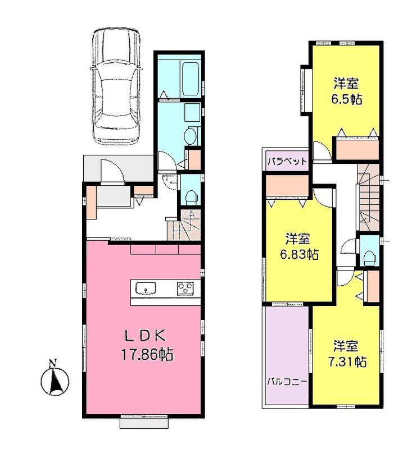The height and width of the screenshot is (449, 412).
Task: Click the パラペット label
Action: click(x=287, y=161)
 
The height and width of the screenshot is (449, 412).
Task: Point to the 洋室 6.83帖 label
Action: click(x=300, y=246)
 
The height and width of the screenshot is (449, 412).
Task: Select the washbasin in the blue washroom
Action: click(x=191, y=135)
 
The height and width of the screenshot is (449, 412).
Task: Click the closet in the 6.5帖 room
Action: click(x=356, y=149)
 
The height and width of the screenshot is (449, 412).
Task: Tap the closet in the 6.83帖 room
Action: click(x=287, y=186)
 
